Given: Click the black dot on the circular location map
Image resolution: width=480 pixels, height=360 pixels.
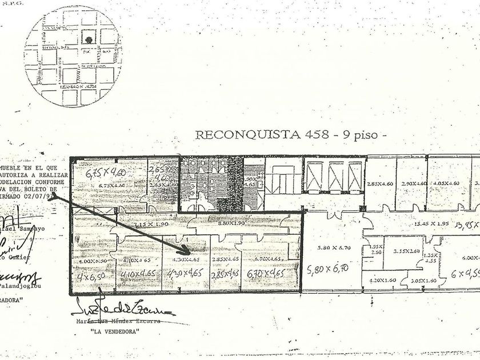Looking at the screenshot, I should [x=89, y=39].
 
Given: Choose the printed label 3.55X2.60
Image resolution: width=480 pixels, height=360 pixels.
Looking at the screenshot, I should [x=406, y=250].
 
